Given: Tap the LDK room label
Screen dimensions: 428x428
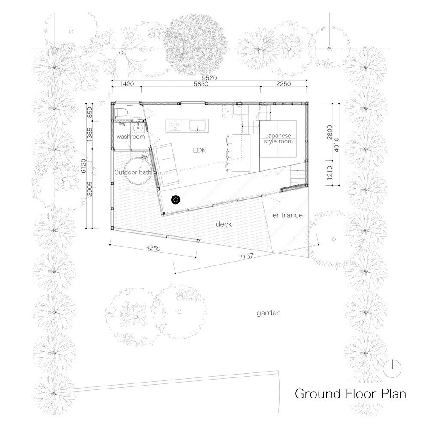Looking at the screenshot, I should [x=199, y=151].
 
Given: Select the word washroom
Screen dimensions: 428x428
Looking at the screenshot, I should [x=129, y=136].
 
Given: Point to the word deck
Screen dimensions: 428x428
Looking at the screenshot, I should [x=223, y=224].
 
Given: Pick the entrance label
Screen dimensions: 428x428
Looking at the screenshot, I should [x=287, y=215].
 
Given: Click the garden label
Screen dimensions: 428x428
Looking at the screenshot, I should [x=268, y=313].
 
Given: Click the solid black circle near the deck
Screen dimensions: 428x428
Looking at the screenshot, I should [x=175, y=199].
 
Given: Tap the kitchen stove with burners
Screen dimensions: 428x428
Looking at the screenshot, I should [x=175, y=125].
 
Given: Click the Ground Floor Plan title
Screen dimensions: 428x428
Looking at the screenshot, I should [x=350, y=393].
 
